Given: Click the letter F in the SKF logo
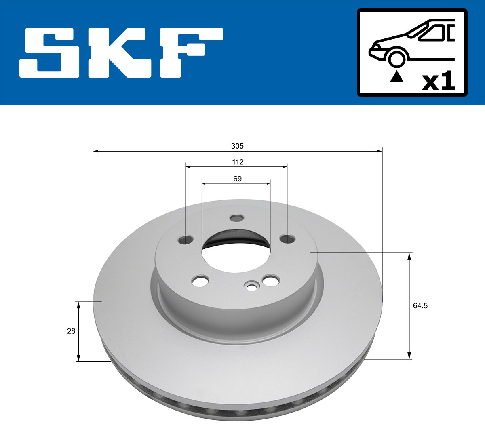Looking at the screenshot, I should tap(190, 53).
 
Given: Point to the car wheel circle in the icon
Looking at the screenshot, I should tap(396, 58).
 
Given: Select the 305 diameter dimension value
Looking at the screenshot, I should tap(238, 146).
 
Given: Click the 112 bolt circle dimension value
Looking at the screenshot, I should tap(238, 162).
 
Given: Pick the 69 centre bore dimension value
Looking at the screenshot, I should tap(238, 179).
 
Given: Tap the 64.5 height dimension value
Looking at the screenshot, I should tap(420, 306).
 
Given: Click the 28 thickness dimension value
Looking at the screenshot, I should tap(71, 331).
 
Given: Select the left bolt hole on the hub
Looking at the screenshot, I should tap(185, 240).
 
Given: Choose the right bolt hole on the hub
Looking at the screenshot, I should tap(288, 239).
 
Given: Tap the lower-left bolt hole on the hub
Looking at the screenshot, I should tap(201, 281).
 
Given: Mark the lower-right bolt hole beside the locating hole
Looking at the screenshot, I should tap(270, 280).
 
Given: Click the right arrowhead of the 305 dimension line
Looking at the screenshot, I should tap(380, 151).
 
